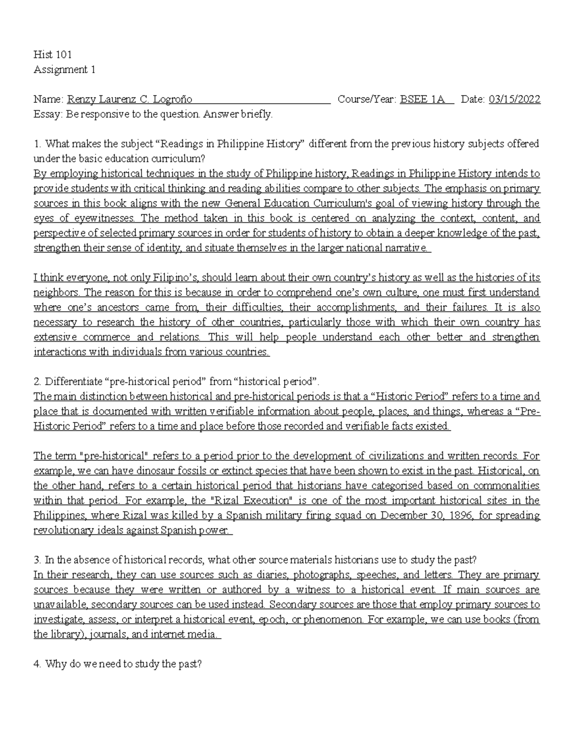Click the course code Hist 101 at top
[x=53, y=55]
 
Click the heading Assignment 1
[x=65, y=70]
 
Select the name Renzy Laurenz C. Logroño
[x=130, y=100]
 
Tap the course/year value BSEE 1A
[x=422, y=100]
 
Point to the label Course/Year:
[x=367, y=100]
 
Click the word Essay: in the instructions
[x=48, y=114]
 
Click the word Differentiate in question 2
[x=73, y=382]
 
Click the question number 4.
[x=38, y=664]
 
